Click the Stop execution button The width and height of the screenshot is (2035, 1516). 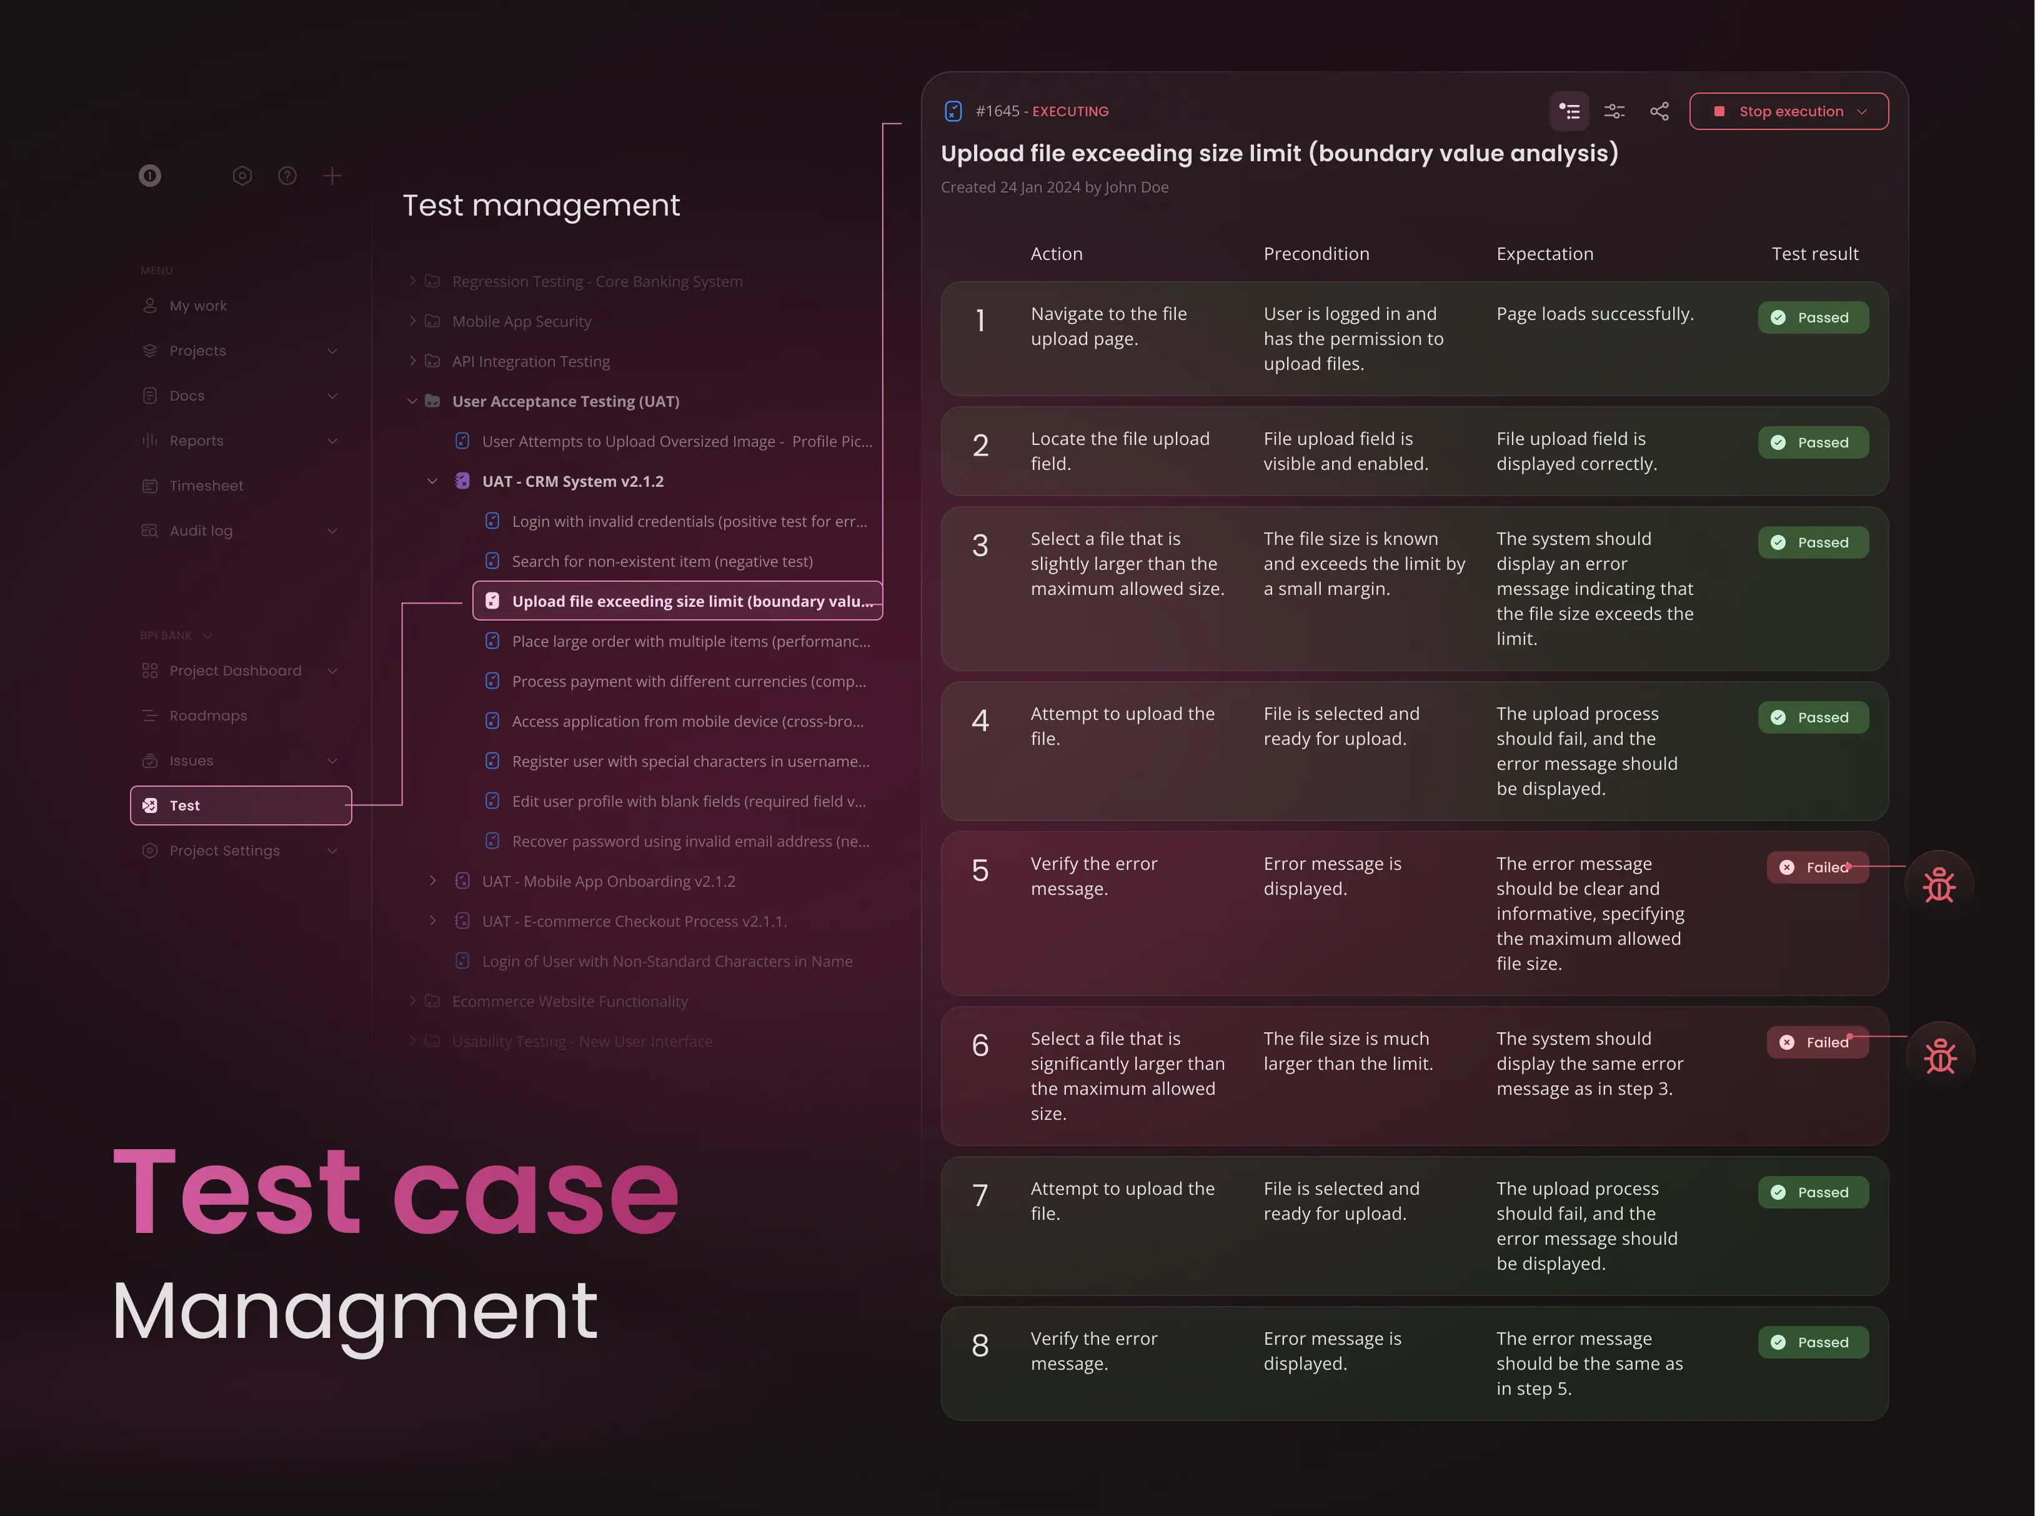[1788, 111]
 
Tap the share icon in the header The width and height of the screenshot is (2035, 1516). [1659, 111]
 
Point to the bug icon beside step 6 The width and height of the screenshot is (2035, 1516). [1939, 1056]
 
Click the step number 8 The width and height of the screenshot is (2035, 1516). [980, 1345]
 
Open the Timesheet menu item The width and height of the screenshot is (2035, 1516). [206, 486]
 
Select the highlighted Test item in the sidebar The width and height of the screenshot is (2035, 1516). [241, 805]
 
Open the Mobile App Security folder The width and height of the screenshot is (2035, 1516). [521, 321]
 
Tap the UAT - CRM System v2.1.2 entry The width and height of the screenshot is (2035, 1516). [572, 481]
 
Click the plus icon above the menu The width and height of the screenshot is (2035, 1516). [332, 175]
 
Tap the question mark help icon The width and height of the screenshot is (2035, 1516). [287, 175]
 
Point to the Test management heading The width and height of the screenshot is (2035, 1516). [540, 204]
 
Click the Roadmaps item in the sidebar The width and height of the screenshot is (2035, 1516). [207, 716]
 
